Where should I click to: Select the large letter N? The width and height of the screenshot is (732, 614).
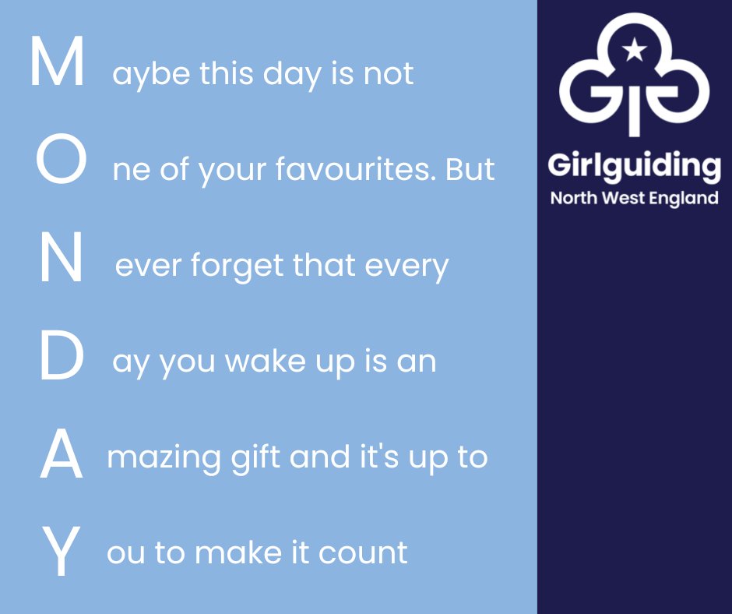(61, 259)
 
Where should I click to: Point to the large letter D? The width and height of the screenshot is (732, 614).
(61, 357)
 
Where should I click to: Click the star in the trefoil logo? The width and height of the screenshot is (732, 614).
(635, 51)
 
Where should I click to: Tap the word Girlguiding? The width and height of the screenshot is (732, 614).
(634, 168)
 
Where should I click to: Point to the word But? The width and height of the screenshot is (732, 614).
(470, 169)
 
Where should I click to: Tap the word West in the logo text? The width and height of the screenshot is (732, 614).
(627, 198)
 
